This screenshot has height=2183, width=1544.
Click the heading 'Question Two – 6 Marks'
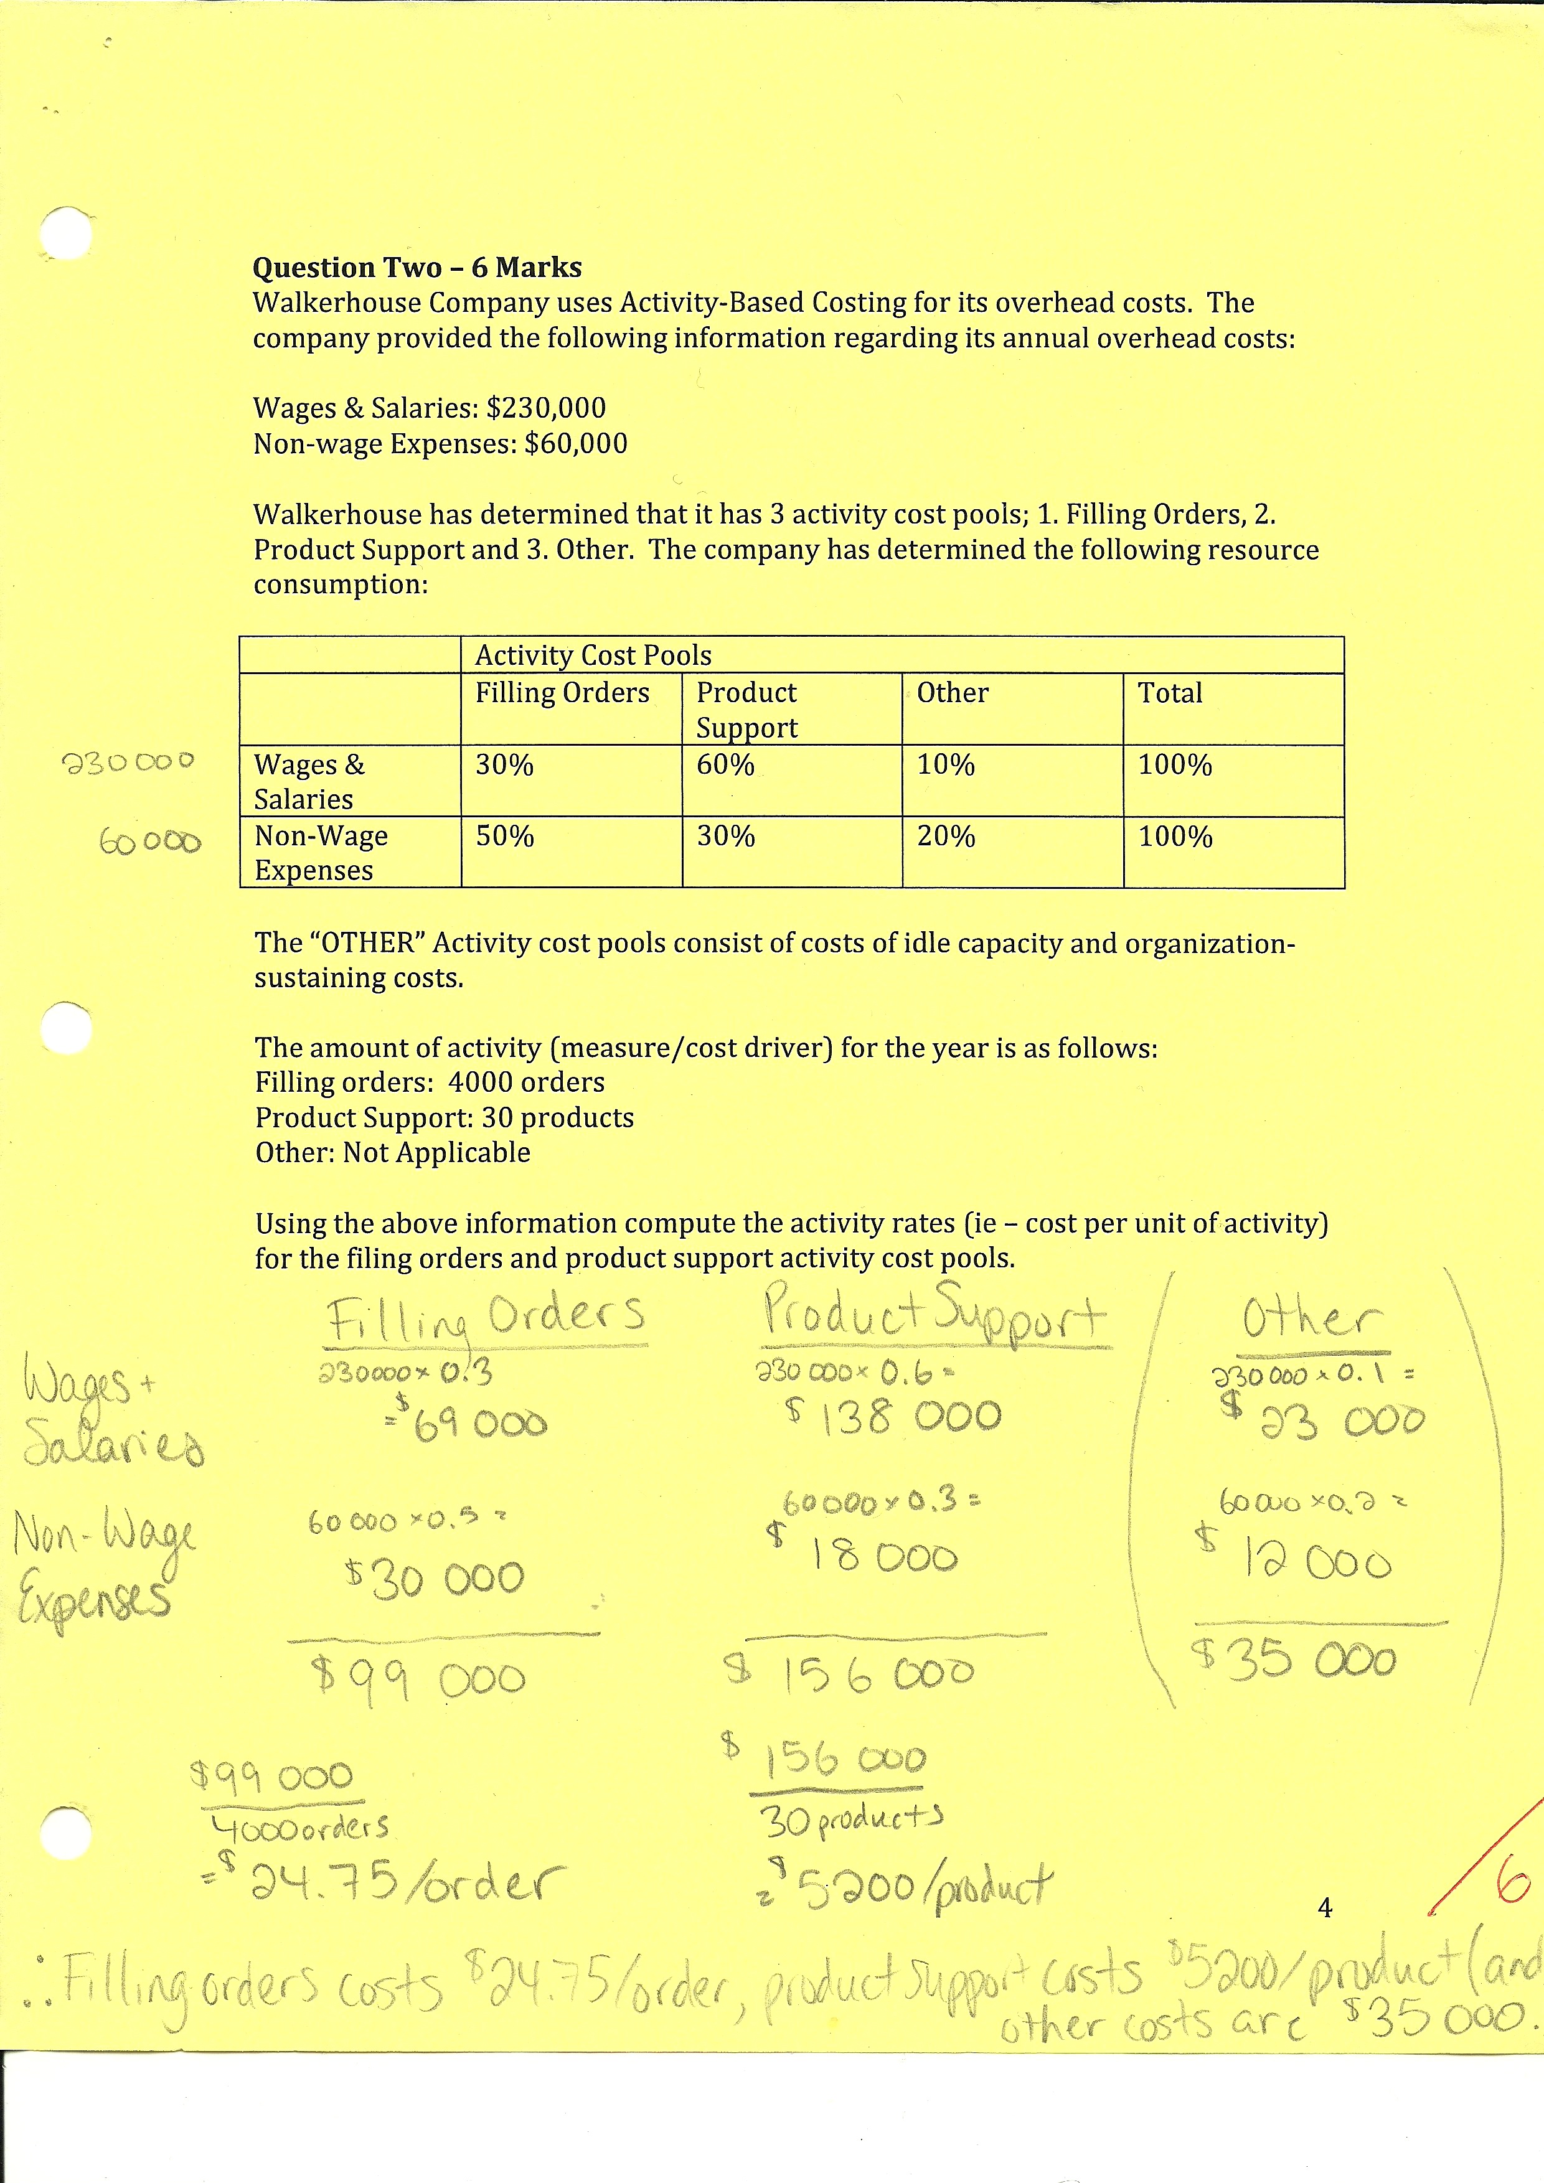coord(417,268)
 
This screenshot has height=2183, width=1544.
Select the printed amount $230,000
coord(546,408)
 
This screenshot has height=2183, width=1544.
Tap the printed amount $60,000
coord(575,444)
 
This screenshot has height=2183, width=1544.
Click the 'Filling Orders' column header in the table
coord(562,693)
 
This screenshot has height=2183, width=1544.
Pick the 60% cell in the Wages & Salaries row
coord(725,766)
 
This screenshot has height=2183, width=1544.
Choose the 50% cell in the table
coord(505,837)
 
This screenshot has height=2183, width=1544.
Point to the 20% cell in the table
coord(946,837)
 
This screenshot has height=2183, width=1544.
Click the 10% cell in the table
coord(946,766)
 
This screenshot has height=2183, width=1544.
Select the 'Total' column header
coord(1170,693)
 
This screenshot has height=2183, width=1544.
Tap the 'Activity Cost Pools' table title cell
coord(593,655)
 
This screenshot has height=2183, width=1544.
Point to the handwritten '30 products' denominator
coord(851,1820)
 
